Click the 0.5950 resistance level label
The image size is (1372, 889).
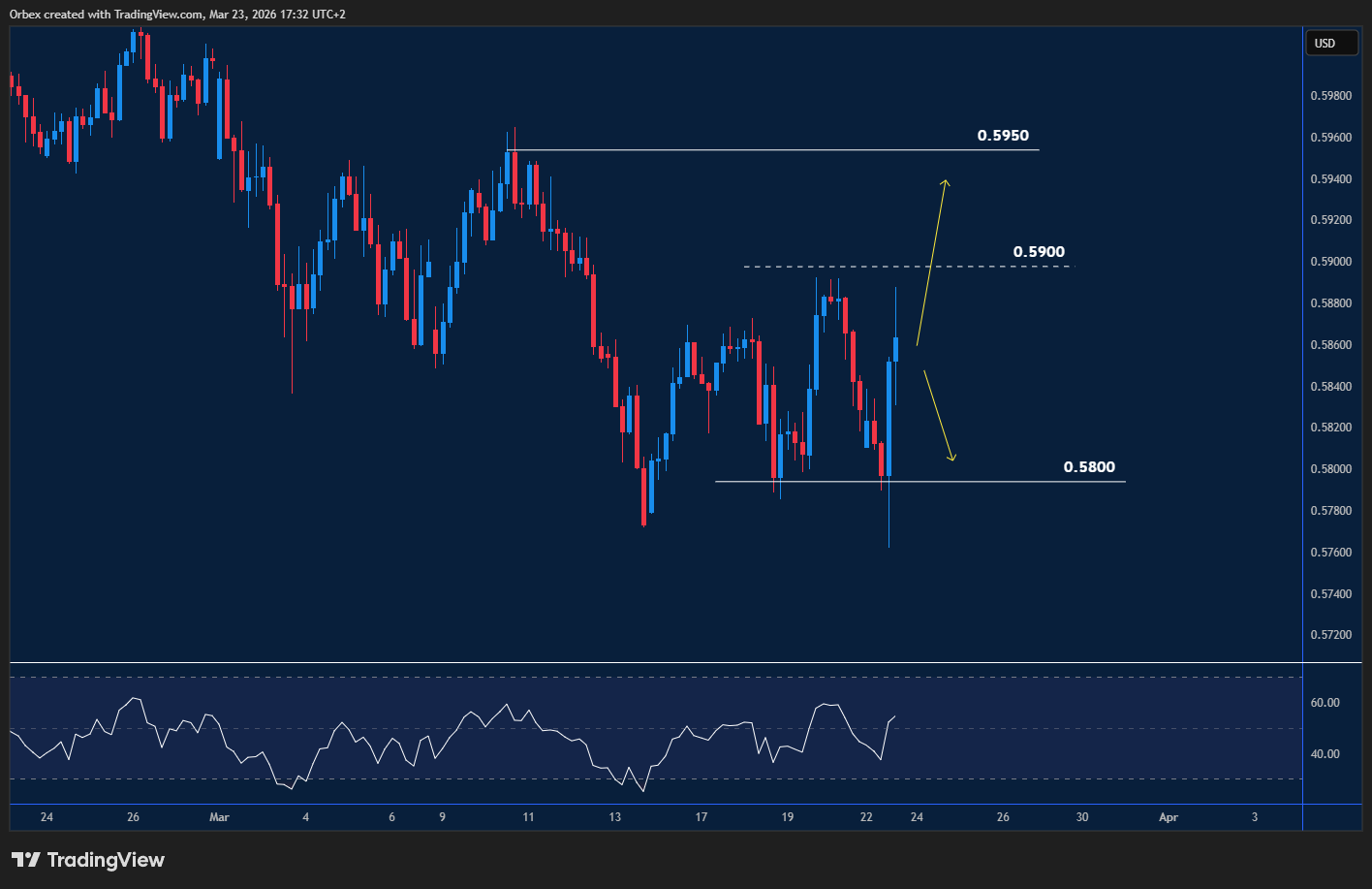coord(1003,136)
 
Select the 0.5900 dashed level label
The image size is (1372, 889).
coord(1039,252)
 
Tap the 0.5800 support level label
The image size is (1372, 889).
coord(1089,467)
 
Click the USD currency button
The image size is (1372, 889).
coord(1325,43)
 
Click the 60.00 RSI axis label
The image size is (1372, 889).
coord(1325,703)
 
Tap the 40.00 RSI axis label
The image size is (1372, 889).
coord(1325,754)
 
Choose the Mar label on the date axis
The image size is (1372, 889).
coord(219,817)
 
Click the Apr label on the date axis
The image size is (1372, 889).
coord(1169,817)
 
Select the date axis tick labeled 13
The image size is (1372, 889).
coord(615,817)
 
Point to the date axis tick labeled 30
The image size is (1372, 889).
coord(1082,817)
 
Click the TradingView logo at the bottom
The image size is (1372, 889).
coord(88,860)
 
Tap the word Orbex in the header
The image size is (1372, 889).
coord(26,15)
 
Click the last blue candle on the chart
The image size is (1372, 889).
coord(896,349)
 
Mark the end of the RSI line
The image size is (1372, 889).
coord(894,716)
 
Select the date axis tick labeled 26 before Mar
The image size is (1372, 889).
coord(133,817)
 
